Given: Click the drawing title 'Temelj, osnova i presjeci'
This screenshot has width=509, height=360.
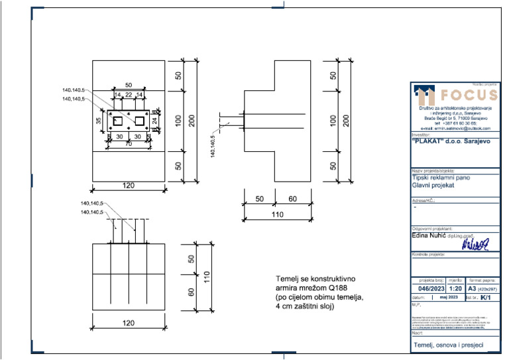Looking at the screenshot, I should (x=448, y=345).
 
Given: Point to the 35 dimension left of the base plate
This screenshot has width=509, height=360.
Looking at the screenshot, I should (x=98, y=121).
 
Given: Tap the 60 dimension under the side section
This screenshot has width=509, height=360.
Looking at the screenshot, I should (x=292, y=198).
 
